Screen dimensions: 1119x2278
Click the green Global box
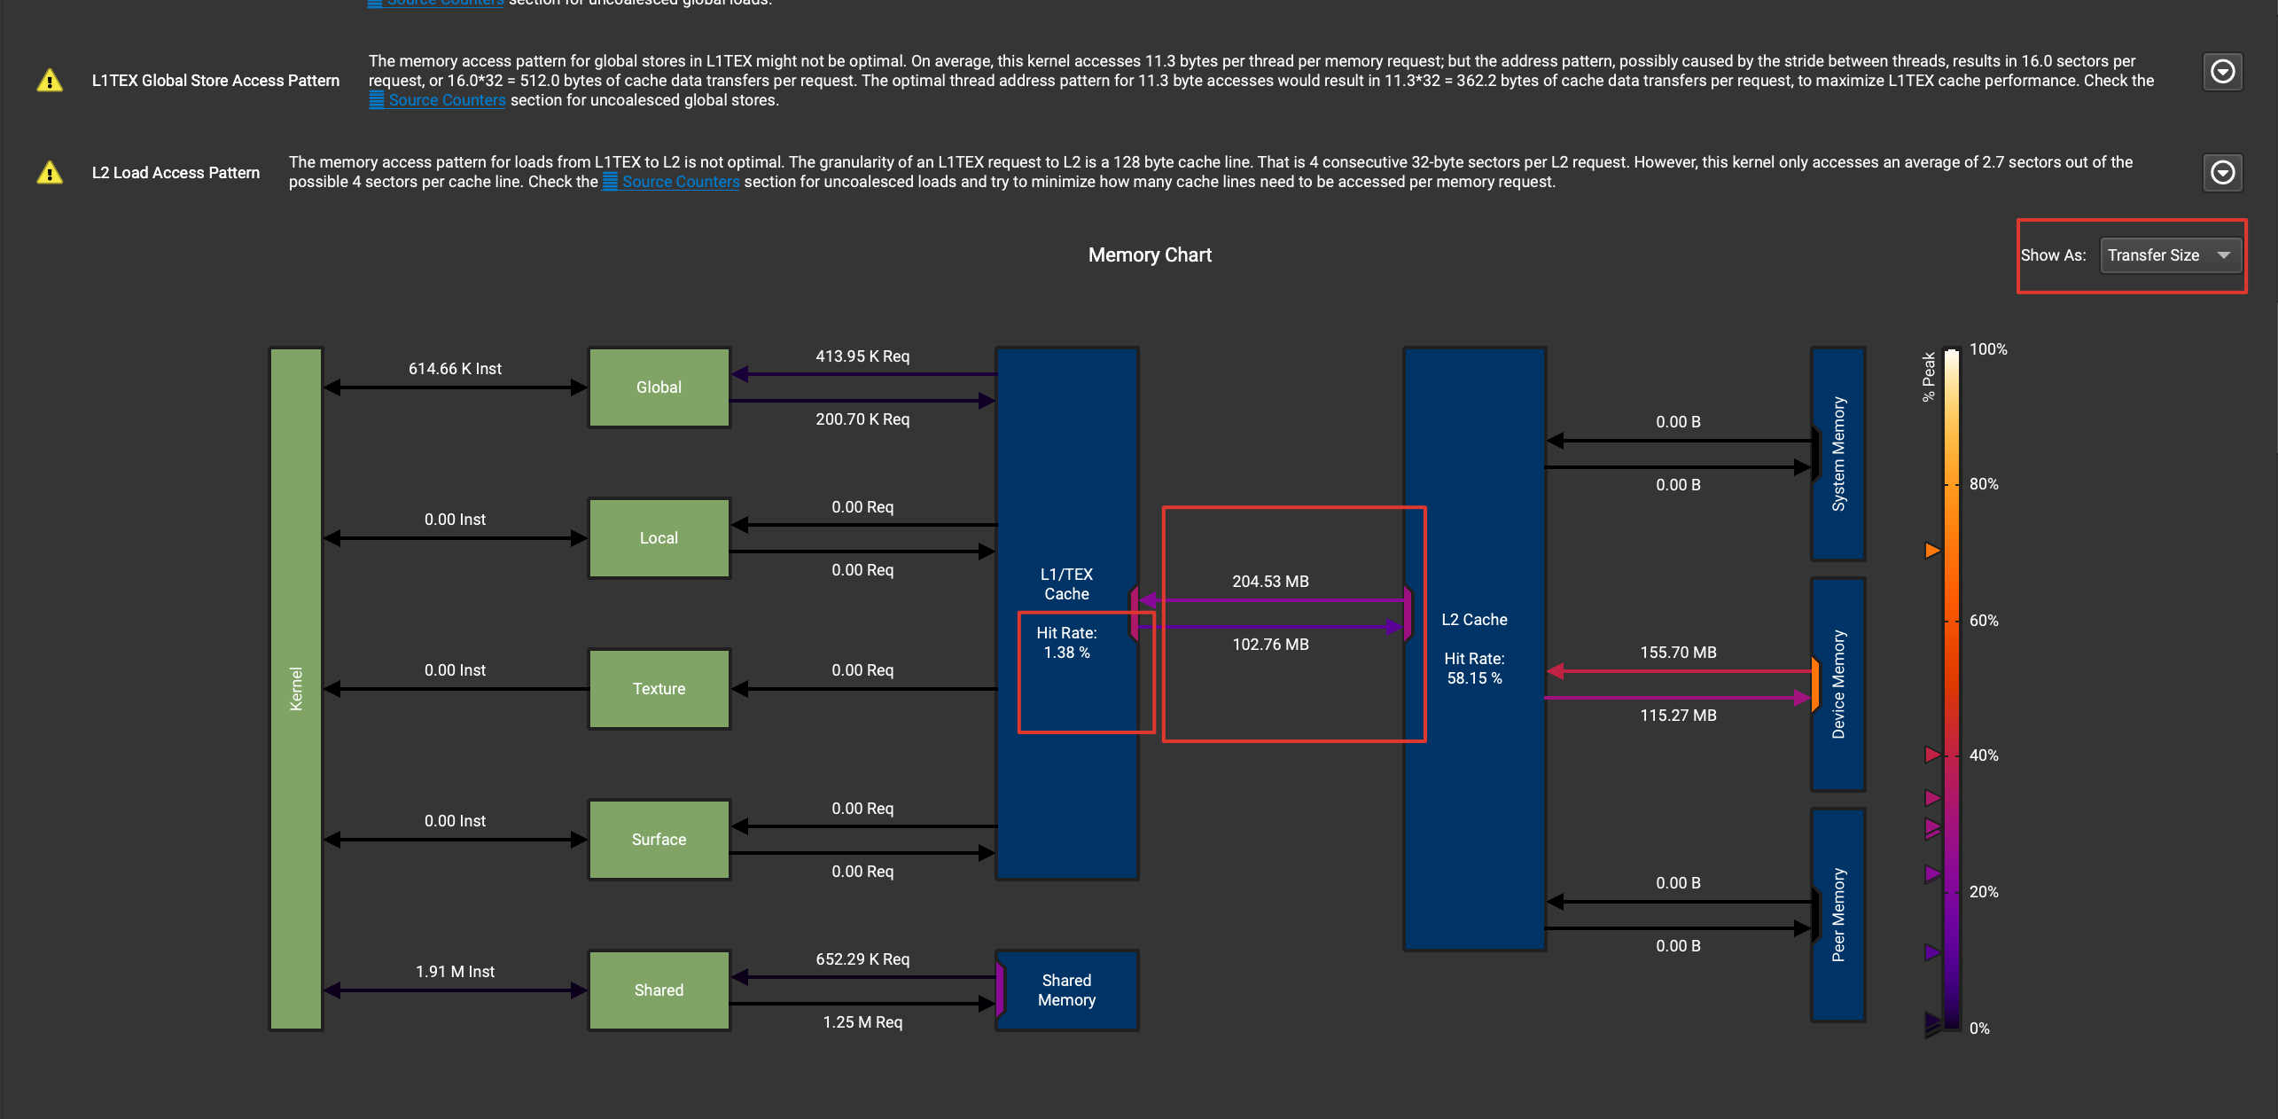tap(659, 387)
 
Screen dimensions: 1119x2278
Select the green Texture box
tap(659, 689)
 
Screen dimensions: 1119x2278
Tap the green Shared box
tap(659, 990)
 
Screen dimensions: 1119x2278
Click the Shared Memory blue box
tap(1066, 990)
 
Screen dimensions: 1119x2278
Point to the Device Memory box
tap(1838, 685)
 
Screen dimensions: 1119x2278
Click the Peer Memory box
tap(1838, 915)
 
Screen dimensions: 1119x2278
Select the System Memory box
tap(1838, 454)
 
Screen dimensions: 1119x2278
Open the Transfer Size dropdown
tap(2170, 255)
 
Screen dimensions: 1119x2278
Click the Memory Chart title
tap(1150, 255)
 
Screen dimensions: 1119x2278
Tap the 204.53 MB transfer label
tap(1270, 582)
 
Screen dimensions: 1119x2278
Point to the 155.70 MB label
tap(1678, 653)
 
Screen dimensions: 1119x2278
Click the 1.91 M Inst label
tap(455, 972)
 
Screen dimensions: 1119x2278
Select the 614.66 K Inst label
tap(455, 369)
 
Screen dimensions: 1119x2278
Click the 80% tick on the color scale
tap(1983, 484)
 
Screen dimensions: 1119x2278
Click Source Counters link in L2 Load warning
tap(680, 182)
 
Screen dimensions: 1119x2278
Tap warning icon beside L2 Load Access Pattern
tap(50, 172)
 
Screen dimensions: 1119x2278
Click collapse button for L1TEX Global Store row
tap(2222, 72)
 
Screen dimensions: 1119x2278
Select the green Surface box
tap(659, 840)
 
